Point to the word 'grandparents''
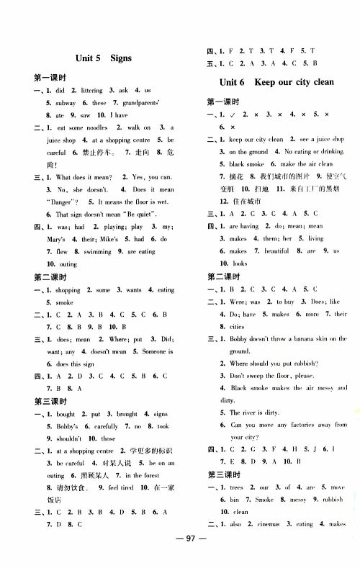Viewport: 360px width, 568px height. tap(140, 102)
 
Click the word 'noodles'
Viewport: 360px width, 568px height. tap(101, 127)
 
